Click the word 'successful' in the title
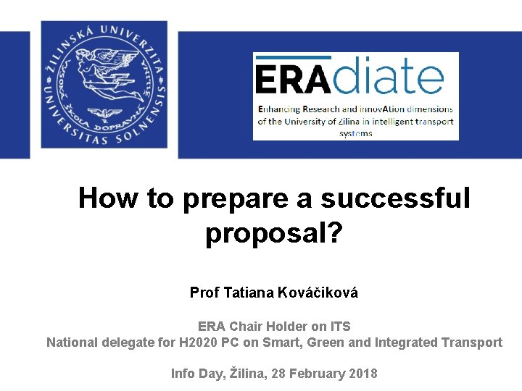click(395, 198)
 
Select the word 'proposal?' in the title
click(273, 234)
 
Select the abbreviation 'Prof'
click(205, 293)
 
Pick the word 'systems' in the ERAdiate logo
click(355, 133)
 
